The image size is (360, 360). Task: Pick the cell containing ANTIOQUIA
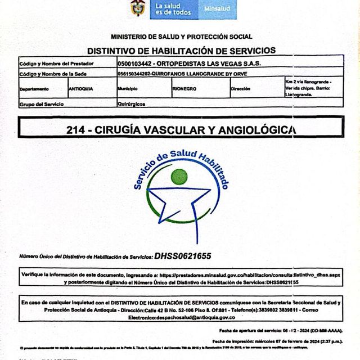click(x=81, y=89)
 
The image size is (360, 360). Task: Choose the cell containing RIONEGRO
click(x=184, y=89)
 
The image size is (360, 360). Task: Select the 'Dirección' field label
click(x=240, y=89)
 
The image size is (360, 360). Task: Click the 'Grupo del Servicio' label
click(x=42, y=104)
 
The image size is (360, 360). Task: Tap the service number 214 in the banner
click(x=75, y=129)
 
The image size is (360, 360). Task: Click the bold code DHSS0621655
click(x=183, y=256)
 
